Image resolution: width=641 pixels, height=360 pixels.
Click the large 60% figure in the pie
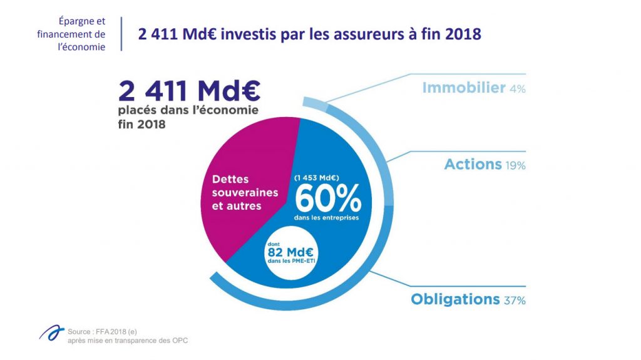327,198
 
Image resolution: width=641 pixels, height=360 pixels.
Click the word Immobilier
463,88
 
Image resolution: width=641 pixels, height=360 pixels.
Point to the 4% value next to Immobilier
517,89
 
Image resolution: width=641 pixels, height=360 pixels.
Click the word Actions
473,165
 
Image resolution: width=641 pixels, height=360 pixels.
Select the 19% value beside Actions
515,166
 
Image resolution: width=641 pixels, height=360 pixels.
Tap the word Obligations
455,299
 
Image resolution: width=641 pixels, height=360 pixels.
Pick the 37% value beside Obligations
514,301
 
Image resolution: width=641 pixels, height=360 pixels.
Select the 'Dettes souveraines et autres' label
238,192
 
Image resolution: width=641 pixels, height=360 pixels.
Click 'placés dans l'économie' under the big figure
187,111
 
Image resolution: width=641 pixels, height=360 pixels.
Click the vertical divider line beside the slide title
120,34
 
